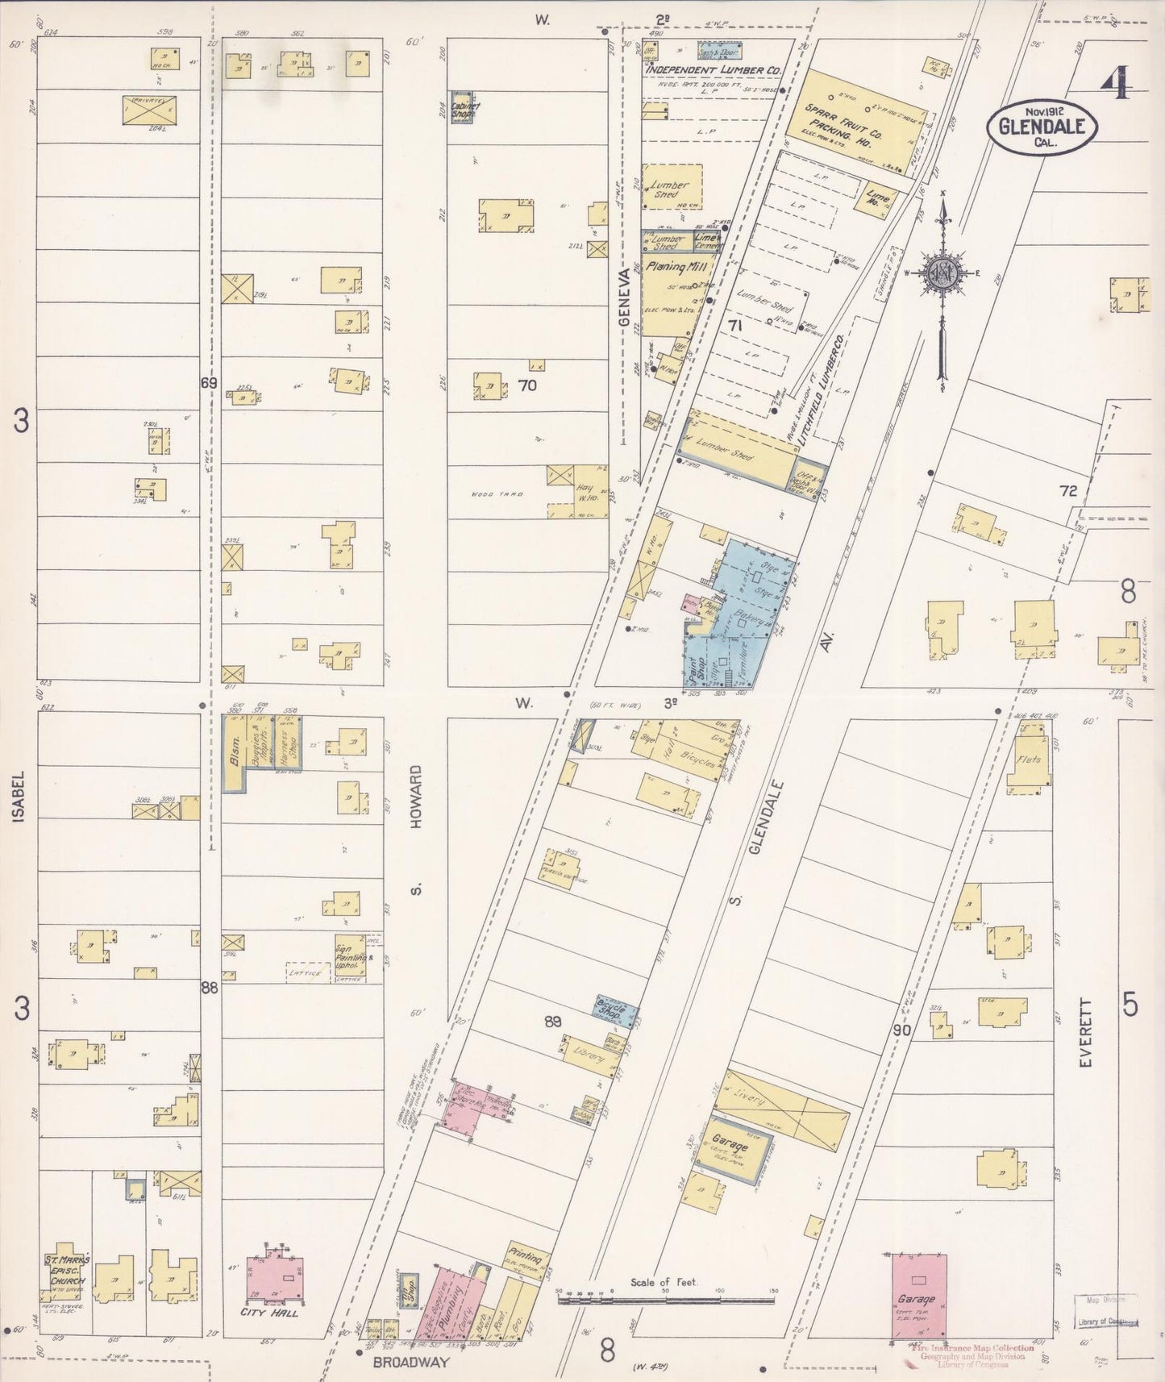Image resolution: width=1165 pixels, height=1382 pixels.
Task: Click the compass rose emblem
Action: [941, 273]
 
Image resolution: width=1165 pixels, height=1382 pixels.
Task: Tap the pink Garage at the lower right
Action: [918, 1297]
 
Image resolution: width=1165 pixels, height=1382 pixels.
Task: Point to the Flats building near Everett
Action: [1032, 757]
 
